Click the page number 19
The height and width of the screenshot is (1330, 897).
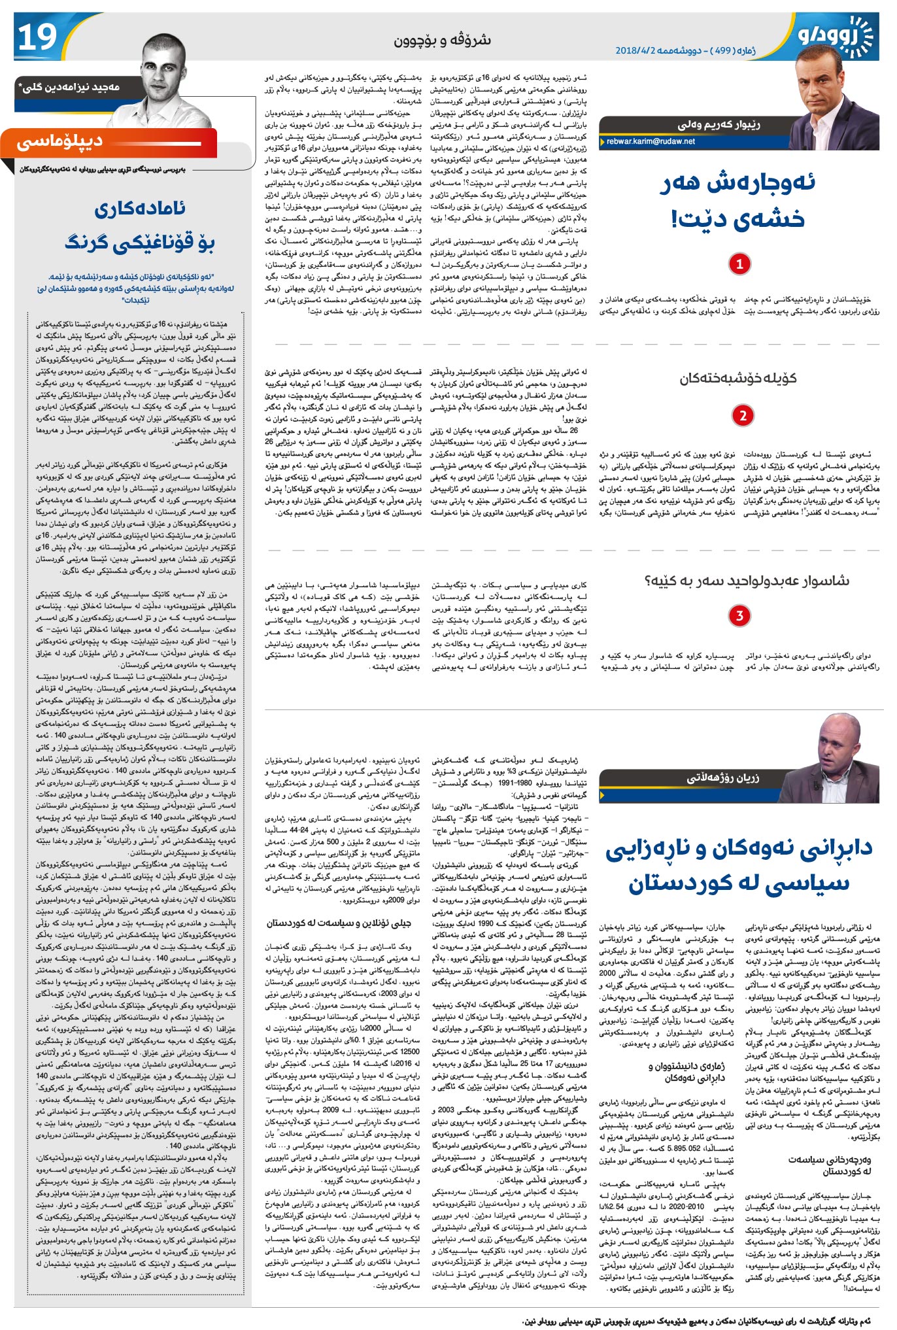(x=37, y=37)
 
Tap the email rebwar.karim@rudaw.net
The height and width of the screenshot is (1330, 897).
(x=651, y=141)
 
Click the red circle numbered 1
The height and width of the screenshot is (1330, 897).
(x=739, y=264)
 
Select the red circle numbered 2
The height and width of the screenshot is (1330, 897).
(x=743, y=415)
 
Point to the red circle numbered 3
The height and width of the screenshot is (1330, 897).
(x=739, y=615)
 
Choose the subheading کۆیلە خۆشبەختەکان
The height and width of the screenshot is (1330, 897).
(x=738, y=378)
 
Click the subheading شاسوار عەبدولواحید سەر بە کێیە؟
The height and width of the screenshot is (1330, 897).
(x=747, y=581)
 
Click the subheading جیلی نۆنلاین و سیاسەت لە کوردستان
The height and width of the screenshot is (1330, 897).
(x=339, y=923)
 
